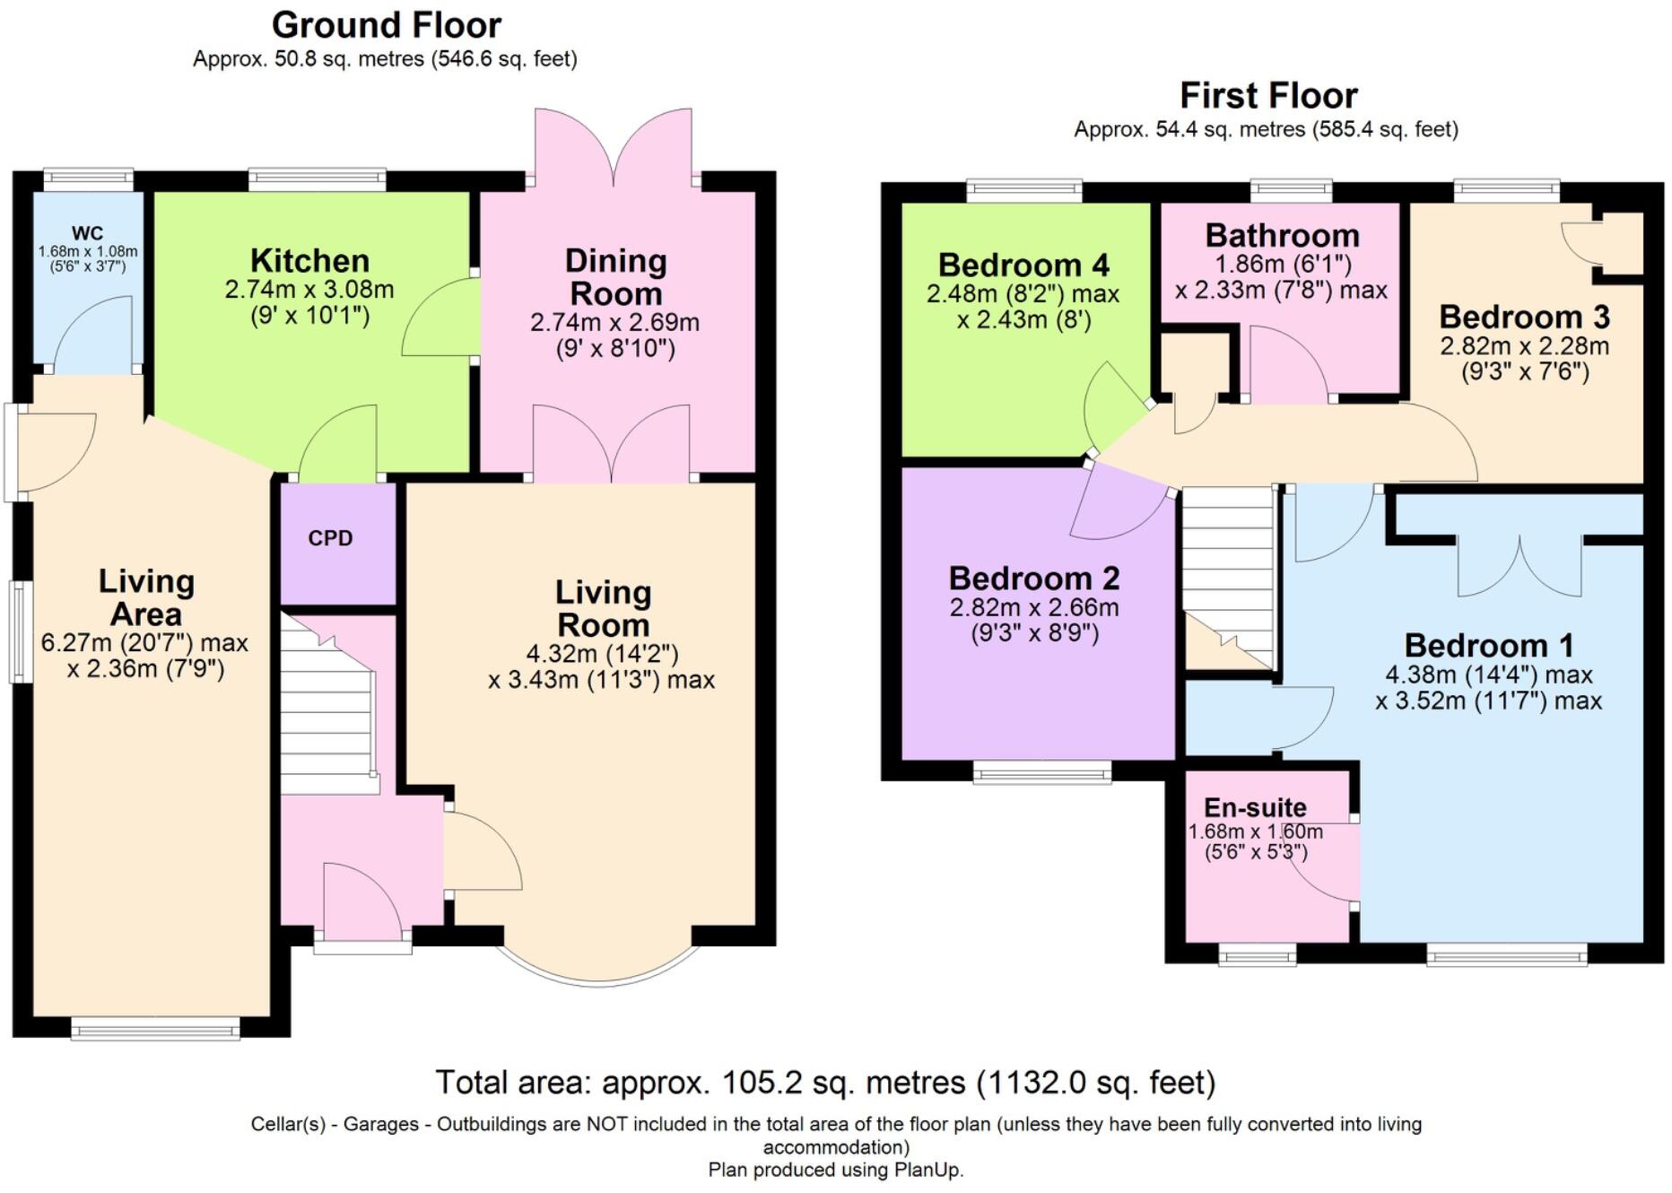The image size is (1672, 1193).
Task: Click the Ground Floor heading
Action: (x=387, y=25)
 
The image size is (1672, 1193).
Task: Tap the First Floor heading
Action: (x=1267, y=95)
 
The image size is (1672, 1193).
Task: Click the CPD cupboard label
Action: (x=330, y=538)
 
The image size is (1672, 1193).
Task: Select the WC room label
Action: (x=88, y=233)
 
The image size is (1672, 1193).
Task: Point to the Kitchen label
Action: (x=309, y=260)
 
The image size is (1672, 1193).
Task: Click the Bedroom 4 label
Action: (x=1023, y=265)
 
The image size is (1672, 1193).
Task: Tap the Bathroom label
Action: (x=1282, y=235)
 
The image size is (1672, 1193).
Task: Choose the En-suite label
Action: (x=1255, y=807)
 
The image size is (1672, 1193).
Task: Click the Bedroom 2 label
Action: (x=1034, y=578)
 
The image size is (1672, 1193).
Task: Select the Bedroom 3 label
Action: (x=1524, y=317)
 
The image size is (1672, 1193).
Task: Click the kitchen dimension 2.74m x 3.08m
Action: (x=309, y=290)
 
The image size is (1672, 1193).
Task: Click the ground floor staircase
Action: (x=328, y=713)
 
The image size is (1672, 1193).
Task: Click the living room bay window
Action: (x=598, y=964)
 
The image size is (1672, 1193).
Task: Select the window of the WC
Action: (x=88, y=179)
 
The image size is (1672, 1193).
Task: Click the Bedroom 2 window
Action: (x=1042, y=772)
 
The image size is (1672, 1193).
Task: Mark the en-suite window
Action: (x=1258, y=954)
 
